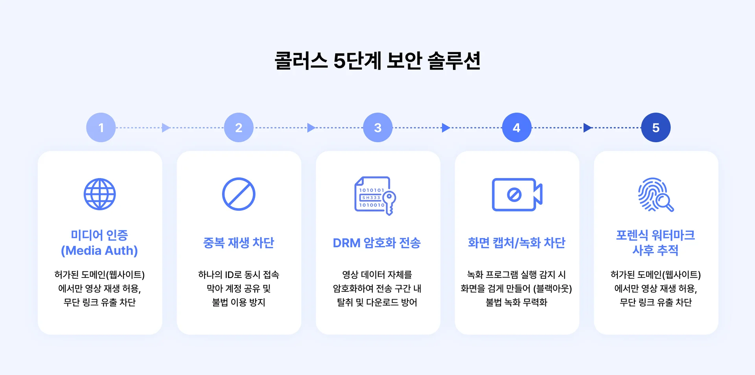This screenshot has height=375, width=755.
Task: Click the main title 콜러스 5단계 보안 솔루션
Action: pos(377,61)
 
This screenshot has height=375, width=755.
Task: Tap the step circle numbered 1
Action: pos(101,127)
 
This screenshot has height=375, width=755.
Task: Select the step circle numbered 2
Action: pos(239,127)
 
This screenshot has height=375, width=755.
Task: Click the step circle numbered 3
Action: pos(377,127)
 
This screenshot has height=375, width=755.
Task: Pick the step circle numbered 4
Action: pos(517,127)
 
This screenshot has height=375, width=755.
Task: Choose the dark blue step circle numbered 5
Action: pos(656,127)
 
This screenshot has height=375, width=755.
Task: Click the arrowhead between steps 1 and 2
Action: pos(166,127)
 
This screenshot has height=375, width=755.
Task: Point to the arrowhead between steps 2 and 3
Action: pos(311,127)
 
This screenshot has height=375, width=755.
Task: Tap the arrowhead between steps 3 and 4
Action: pos(446,127)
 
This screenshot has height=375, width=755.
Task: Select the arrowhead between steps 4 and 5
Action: pos(587,127)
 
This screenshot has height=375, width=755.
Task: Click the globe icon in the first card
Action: pos(99,194)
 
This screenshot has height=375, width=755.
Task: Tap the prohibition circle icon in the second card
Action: pos(239,194)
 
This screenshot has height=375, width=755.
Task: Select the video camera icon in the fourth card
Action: pos(517,195)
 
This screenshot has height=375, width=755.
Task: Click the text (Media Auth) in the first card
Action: pos(99,251)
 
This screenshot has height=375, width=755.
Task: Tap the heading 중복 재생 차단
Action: pos(239,243)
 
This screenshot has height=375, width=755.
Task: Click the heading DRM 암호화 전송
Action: pos(377,243)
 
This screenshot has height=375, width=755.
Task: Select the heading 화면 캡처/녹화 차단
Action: pos(516,243)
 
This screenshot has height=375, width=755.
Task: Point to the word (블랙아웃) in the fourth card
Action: pos(552,289)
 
